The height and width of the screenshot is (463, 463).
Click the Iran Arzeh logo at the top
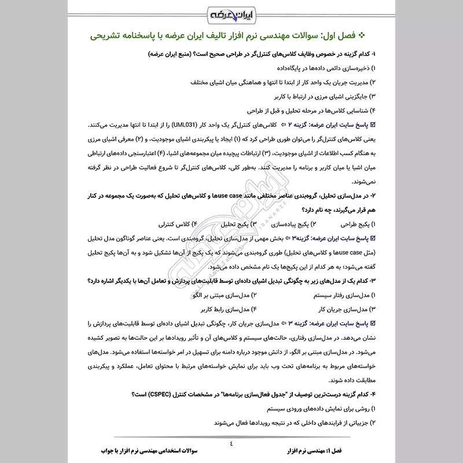(x=231, y=13)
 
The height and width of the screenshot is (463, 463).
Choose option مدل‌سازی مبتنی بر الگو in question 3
(x=215, y=295)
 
